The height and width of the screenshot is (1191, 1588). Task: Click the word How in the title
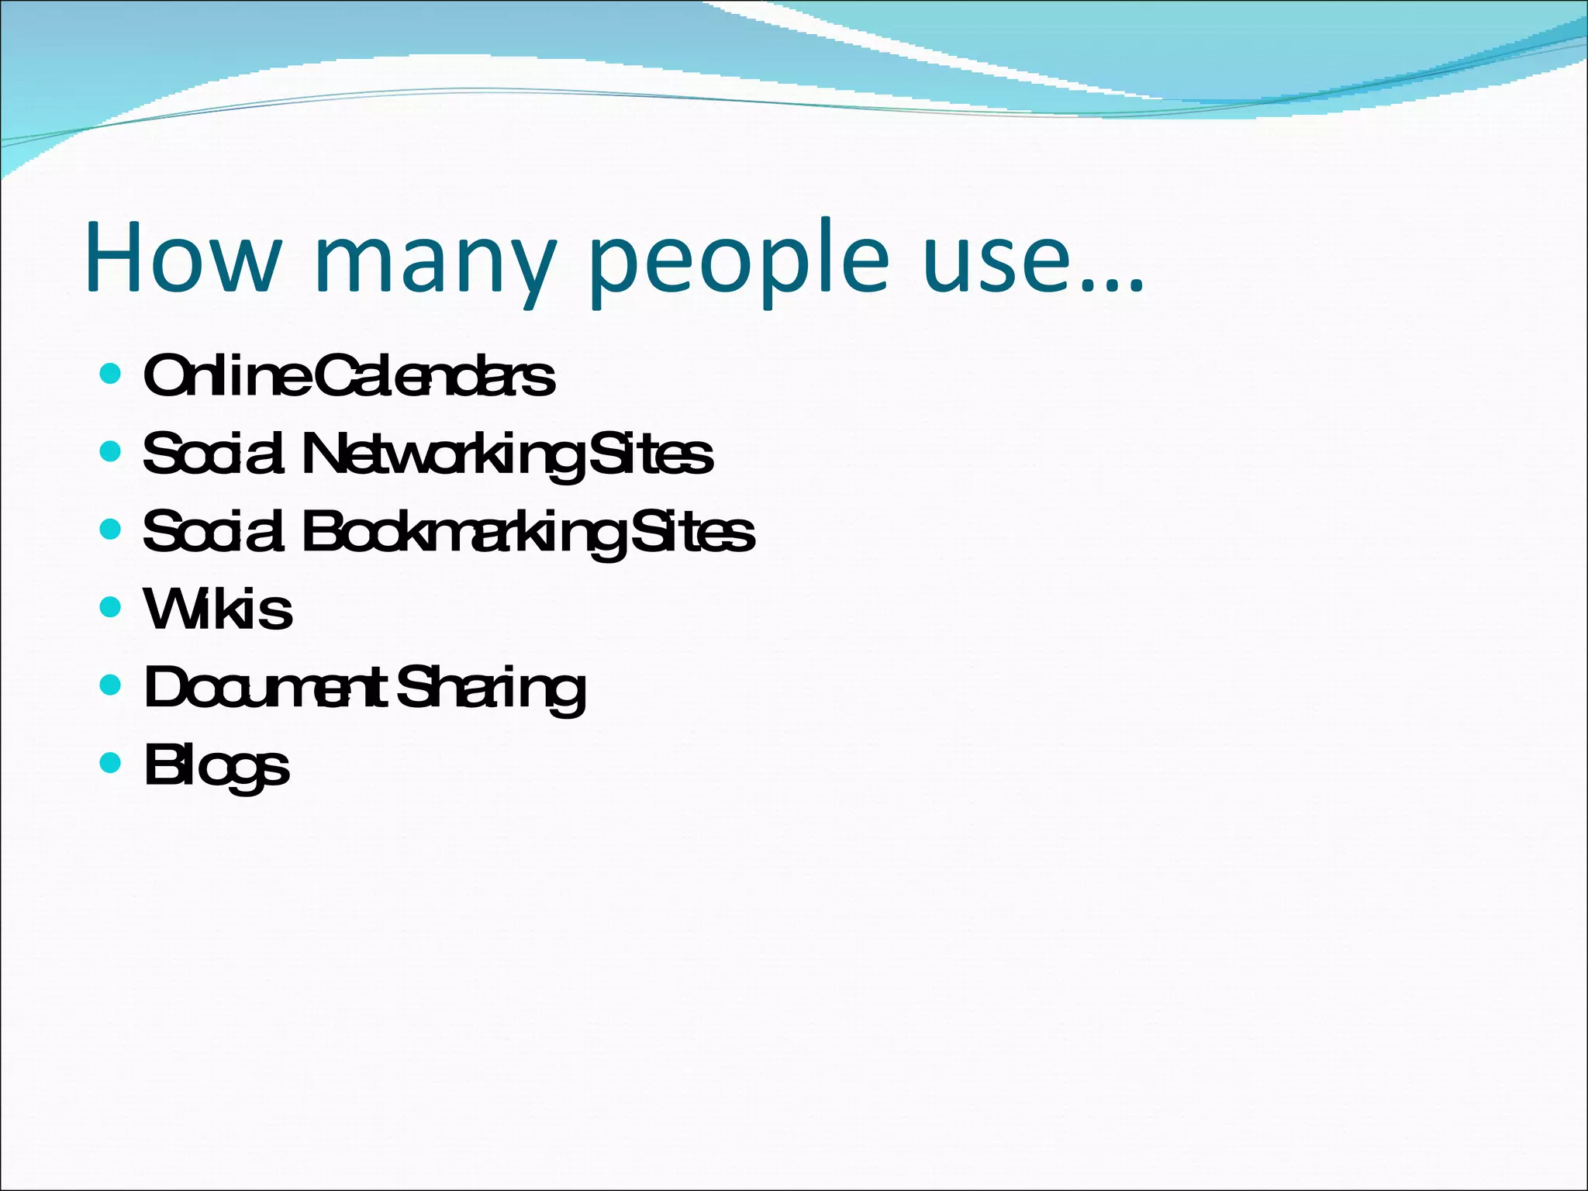point(183,257)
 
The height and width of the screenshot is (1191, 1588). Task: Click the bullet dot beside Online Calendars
point(111,375)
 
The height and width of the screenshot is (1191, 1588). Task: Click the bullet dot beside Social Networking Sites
point(111,451)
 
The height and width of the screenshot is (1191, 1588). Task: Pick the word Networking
point(442,456)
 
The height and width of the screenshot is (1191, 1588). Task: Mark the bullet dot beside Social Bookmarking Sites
point(111,530)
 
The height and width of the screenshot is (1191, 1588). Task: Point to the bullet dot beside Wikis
point(111,606)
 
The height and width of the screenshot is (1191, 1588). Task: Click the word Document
point(265,688)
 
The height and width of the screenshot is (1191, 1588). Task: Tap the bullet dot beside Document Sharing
point(111,685)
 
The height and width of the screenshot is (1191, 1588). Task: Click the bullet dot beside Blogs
point(111,763)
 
